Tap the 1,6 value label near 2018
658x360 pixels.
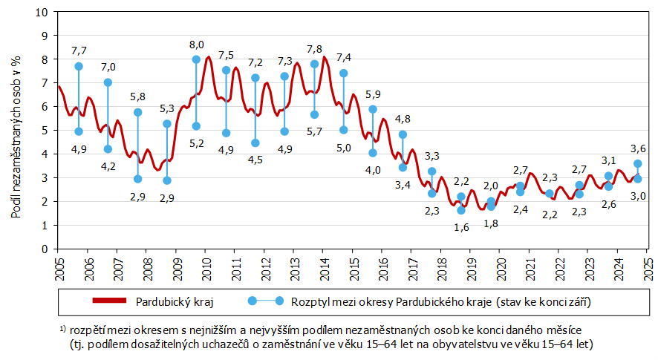[x=461, y=227]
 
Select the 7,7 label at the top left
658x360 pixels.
[x=79, y=50]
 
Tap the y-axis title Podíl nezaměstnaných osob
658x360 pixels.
[x=16, y=130]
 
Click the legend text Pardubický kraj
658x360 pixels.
[x=169, y=301]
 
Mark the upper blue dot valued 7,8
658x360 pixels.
[x=314, y=64]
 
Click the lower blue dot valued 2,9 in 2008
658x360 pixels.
[x=137, y=179]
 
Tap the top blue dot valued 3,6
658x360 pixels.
[x=637, y=163]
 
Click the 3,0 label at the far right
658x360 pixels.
[x=637, y=195]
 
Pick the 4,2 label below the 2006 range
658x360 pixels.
[x=108, y=166]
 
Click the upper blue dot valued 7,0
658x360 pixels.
[x=108, y=82]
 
